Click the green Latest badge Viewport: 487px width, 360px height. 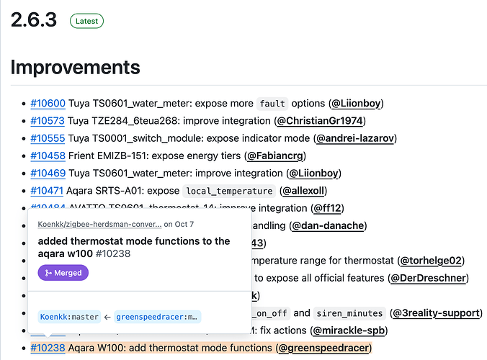click(x=86, y=21)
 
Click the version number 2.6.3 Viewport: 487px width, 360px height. click(x=34, y=20)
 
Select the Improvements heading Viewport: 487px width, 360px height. click(x=75, y=68)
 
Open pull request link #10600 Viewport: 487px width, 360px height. click(x=48, y=103)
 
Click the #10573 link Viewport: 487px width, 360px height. click(x=48, y=120)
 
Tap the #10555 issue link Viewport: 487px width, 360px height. click(x=48, y=138)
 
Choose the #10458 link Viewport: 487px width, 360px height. click(x=48, y=156)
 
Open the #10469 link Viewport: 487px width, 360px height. click(x=48, y=173)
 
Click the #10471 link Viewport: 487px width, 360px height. click(x=48, y=191)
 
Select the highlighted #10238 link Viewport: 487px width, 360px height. click(x=48, y=348)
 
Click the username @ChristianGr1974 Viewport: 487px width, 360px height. click(x=321, y=120)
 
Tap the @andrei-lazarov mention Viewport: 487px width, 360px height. click(x=356, y=138)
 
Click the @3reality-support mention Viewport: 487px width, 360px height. click(x=436, y=313)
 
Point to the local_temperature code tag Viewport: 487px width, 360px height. click(x=228, y=191)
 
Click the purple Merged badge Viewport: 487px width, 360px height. click(x=63, y=273)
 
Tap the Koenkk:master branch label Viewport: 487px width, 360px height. click(x=69, y=316)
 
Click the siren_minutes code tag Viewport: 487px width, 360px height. click(x=349, y=313)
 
